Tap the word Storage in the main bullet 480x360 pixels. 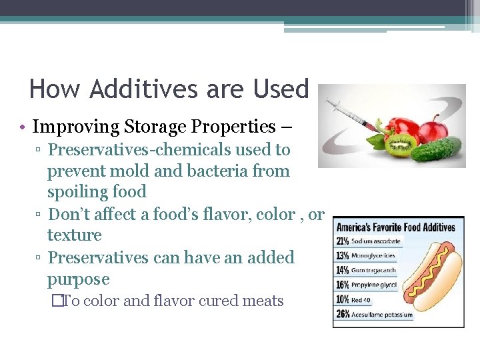145,127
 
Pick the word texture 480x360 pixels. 74,235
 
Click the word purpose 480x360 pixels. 78,279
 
